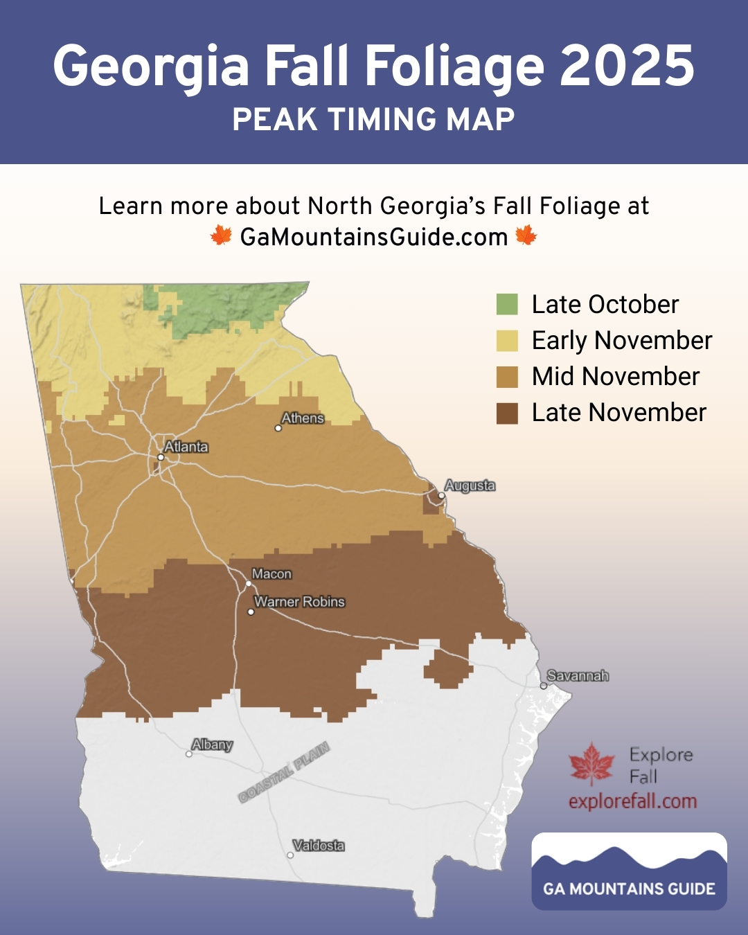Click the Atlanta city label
pos(186,447)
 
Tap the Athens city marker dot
pos(278,428)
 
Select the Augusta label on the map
pos(470,486)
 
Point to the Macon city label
pos(271,574)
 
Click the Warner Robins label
pos(299,602)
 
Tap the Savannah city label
pos(578,675)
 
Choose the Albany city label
pos(212,745)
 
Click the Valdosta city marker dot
pos(290,855)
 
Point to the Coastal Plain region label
pos(284,772)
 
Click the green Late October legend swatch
pos(507,304)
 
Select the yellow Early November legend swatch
pos(507,341)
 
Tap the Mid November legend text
pos(615,377)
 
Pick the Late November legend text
pos(618,413)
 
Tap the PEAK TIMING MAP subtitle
pos(374,119)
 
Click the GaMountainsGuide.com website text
pos(374,237)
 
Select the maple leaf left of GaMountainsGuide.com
pos(221,236)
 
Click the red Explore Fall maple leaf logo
pos(591,764)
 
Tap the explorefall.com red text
pos(632,801)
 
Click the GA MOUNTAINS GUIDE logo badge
pos(629,871)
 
